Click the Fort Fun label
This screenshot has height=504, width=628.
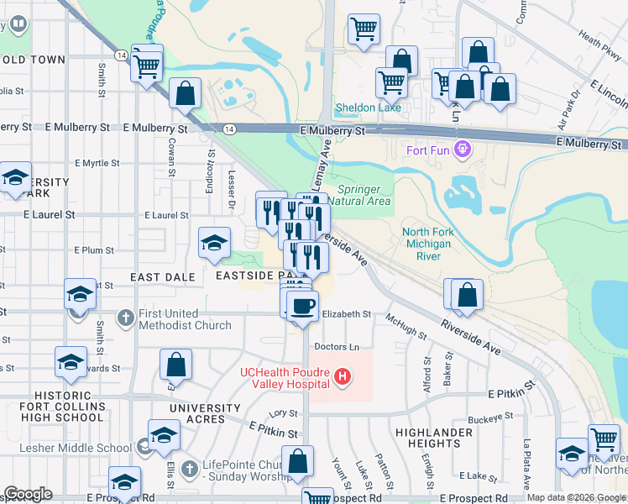pos(424,151)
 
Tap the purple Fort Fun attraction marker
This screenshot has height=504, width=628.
pos(460,151)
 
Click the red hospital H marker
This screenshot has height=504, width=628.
pos(342,378)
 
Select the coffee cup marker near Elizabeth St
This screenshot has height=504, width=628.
pos(302,306)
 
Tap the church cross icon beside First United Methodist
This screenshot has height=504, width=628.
pos(126,318)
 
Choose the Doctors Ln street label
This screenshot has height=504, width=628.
pos(337,347)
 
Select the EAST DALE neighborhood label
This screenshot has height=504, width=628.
pos(163,276)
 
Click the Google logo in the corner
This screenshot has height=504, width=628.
pos(28,494)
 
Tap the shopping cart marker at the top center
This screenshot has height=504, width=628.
pos(364,29)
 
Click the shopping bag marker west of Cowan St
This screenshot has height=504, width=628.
pos(185,94)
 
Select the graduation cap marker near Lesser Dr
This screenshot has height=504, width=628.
pos(214,244)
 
